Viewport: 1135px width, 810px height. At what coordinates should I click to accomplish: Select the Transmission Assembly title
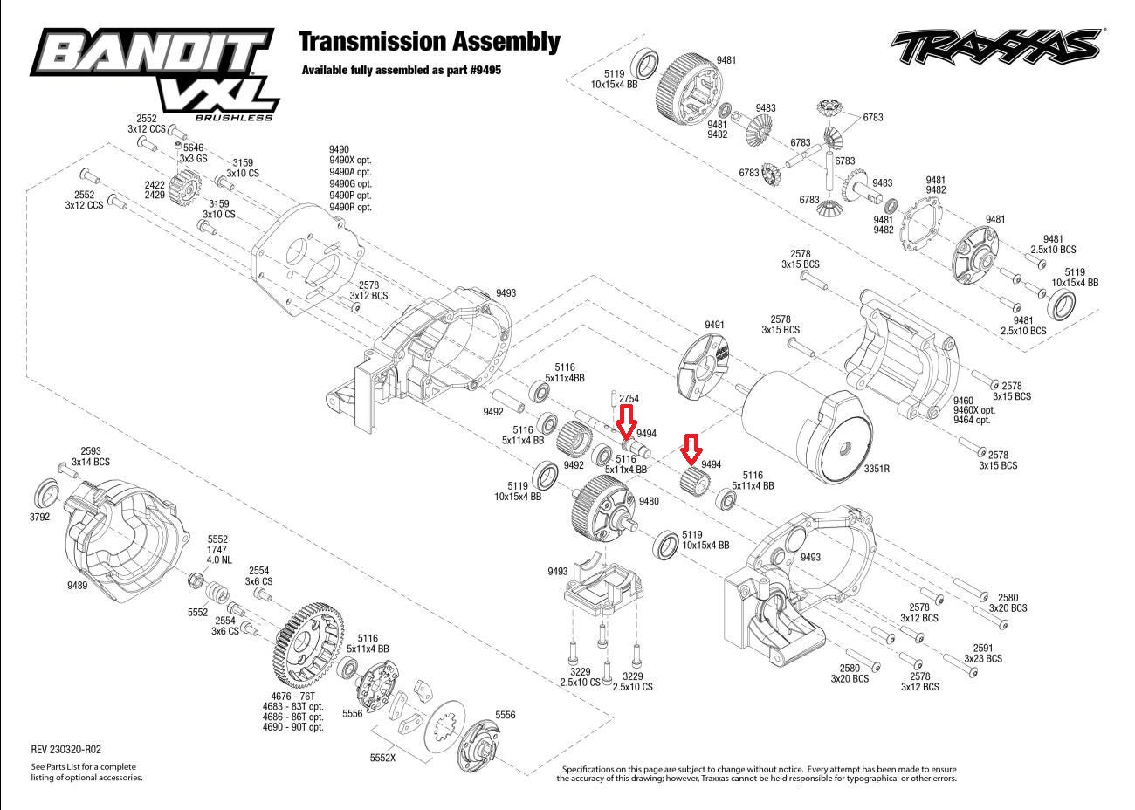click(429, 41)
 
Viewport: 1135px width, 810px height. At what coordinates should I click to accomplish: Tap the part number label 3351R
click(877, 469)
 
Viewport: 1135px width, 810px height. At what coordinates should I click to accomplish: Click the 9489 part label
click(77, 586)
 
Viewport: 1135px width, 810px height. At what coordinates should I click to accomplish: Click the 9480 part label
click(649, 501)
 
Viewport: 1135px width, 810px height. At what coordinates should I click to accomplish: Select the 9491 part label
click(714, 325)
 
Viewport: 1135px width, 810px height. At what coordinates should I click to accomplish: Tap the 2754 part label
click(629, 399)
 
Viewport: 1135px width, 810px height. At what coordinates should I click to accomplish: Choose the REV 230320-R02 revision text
click(66, 749)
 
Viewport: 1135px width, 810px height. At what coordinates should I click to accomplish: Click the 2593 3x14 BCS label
click(92, 456)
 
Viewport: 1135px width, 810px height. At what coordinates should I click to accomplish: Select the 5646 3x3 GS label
click(192, 154)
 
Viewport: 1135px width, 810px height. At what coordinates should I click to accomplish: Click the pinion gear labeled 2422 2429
click(186, 186)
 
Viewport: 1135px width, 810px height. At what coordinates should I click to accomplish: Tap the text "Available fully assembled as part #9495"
click(402, 70)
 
